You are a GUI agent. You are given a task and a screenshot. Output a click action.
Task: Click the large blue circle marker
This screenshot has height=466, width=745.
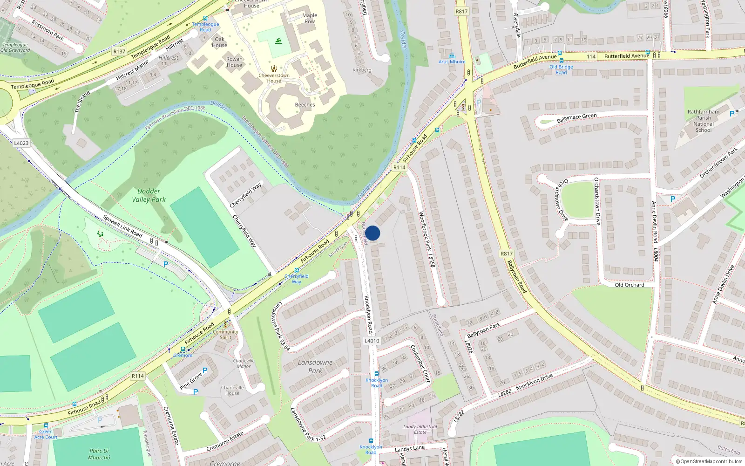tap(372, 233)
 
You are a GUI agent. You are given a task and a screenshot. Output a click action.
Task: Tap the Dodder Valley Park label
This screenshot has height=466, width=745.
tap(149, 195)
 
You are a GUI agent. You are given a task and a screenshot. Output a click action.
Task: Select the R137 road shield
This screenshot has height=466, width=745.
tap(119, 51)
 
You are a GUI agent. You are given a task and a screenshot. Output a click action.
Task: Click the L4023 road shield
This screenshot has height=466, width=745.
tap(21, 143)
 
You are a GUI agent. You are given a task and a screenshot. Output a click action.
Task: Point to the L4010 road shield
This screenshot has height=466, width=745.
tap(372, 341)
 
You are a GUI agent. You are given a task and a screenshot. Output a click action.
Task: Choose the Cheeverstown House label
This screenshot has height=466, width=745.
tap(274, 78)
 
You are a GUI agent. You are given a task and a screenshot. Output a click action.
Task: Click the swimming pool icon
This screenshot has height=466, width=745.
tap(278, 41)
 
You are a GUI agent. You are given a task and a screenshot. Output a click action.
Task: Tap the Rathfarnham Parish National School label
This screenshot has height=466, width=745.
tap(703, 121)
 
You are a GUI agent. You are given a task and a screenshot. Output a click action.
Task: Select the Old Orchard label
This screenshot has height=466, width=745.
tap(629, 285)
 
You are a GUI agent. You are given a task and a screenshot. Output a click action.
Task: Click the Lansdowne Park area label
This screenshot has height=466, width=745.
tap(315, 366)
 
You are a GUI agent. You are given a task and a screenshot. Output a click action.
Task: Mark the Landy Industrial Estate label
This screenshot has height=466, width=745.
tap(420, 429)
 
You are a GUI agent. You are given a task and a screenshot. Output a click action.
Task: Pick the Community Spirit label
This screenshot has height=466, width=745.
tap(226, 335)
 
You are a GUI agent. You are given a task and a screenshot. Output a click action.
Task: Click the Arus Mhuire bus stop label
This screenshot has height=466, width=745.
tap(452, 62)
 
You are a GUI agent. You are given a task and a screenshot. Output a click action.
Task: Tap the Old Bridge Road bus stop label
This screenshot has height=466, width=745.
tap(561, 69)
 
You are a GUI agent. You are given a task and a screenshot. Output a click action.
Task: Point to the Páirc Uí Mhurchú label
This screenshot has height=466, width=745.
tap(99, 454)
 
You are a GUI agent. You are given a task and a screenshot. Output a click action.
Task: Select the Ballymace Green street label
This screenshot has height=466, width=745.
tap(576, 118)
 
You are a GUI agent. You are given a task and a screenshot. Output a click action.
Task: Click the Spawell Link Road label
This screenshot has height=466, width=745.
tap(122, 226)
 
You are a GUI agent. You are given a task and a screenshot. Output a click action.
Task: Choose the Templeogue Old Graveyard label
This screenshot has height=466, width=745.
tap(15, 48)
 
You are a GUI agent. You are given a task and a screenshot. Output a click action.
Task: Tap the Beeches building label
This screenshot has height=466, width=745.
tap(305, 105)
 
